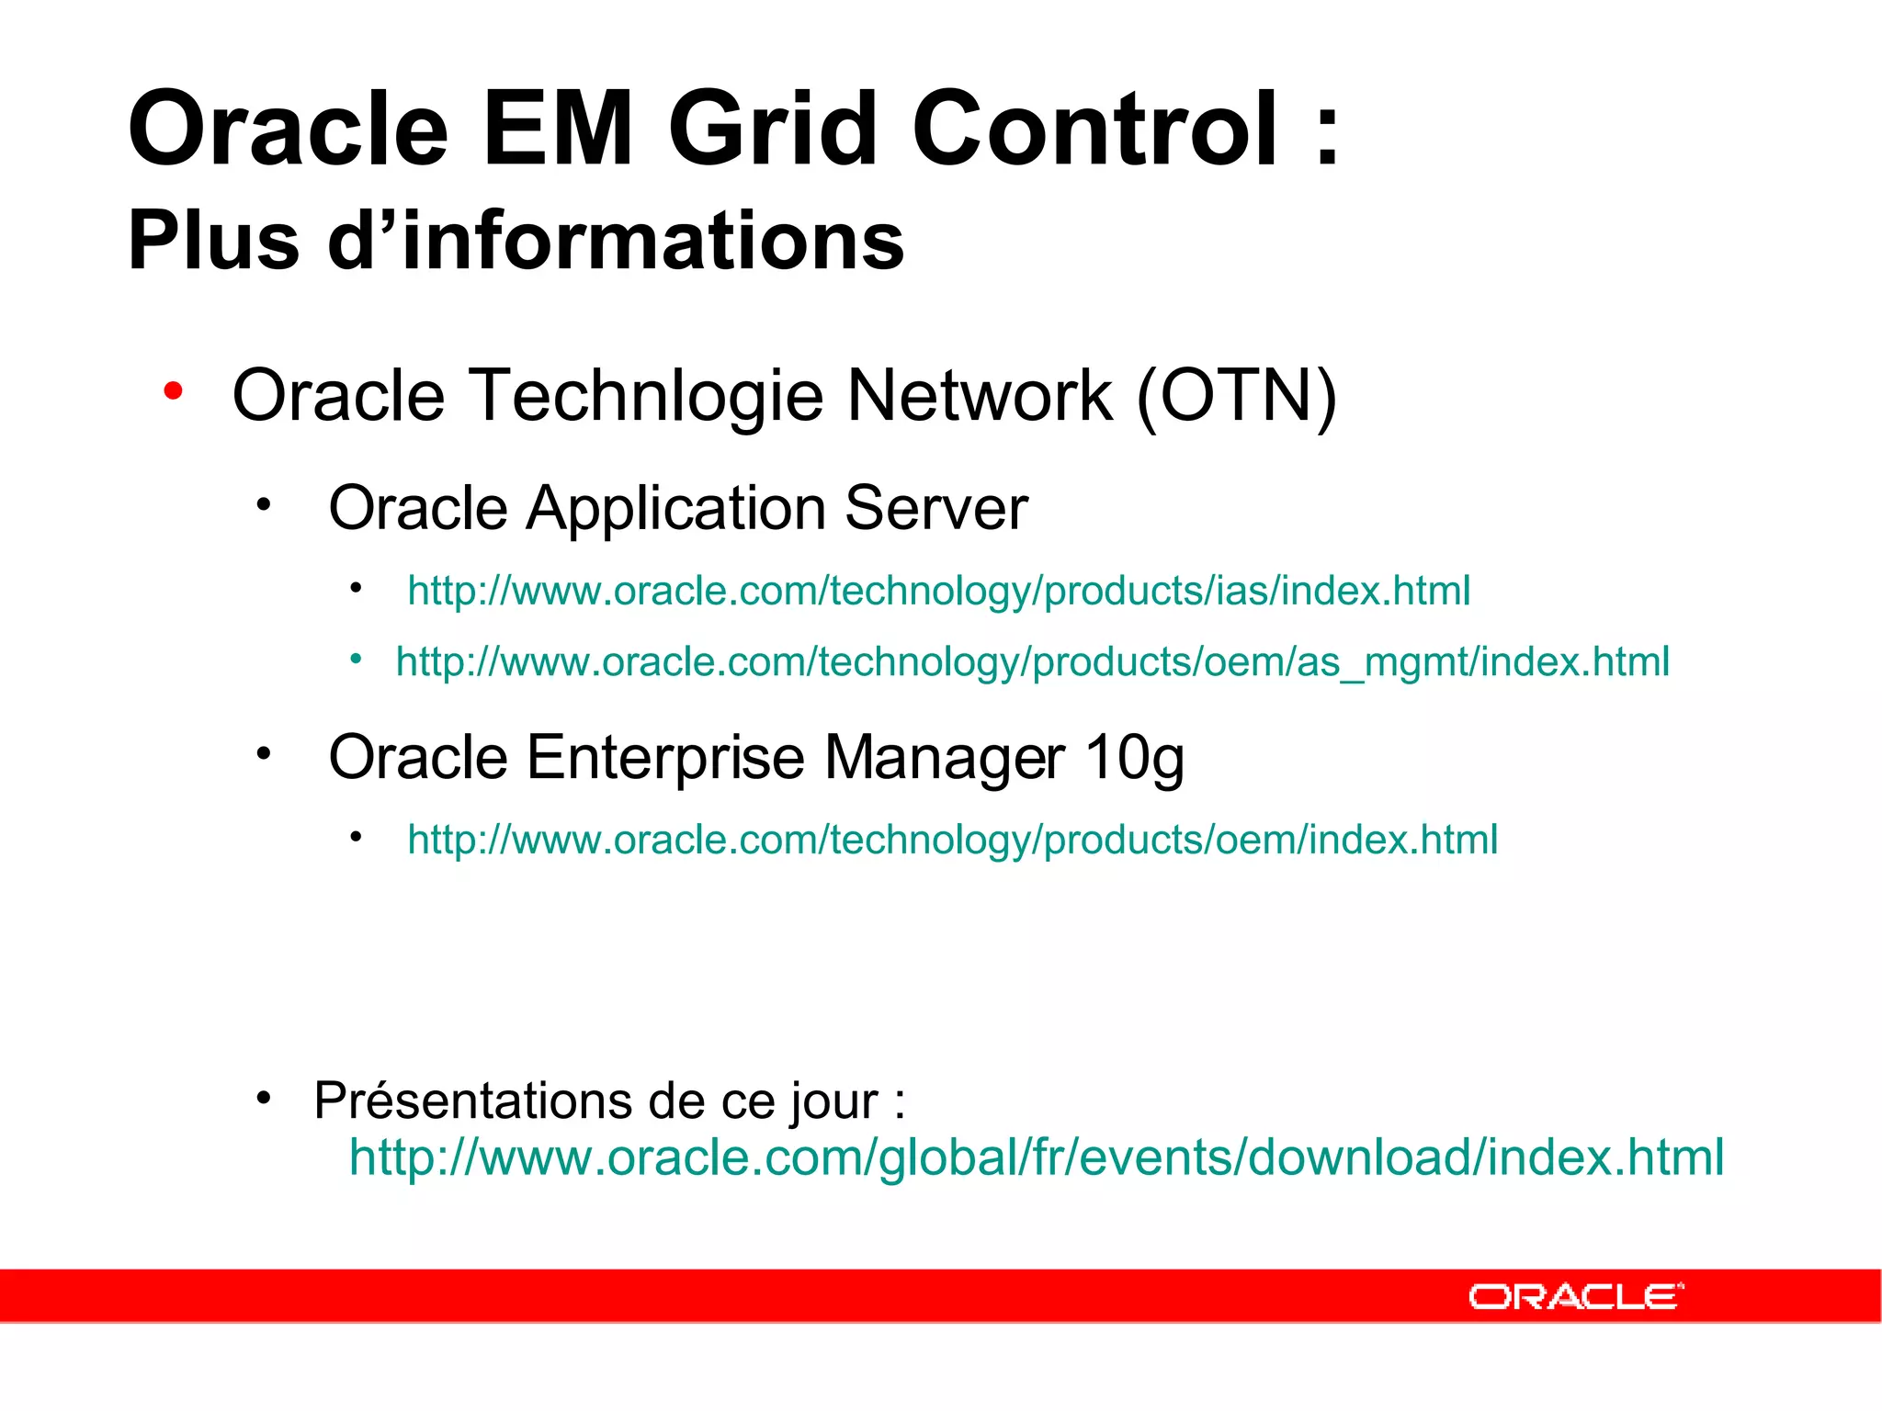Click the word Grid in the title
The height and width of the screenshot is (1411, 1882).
tap(772, 130)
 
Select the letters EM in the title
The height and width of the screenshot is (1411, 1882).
tap(557, 130)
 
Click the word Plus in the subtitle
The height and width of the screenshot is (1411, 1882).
tap(213, 241)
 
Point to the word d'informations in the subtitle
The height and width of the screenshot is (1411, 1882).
tap(616, 241)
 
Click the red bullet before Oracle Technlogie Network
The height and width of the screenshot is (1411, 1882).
tap(173, 392)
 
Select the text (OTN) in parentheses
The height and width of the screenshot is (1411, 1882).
tap(1236, 397)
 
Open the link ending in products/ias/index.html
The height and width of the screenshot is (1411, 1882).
tap(938, 591)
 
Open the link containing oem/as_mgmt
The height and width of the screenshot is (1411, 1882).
tap(1032, 662)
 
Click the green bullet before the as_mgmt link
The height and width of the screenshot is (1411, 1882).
tap(356, 659)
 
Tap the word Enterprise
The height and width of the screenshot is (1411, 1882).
tap(666, 758)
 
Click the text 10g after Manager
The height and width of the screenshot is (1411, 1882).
tap(1134, 760)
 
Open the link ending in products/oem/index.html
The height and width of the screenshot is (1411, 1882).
tap(952, 840)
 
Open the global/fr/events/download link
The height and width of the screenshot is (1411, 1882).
tap(1036, 1157)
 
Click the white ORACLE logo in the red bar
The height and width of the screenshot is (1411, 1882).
tap(1575, 1297)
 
